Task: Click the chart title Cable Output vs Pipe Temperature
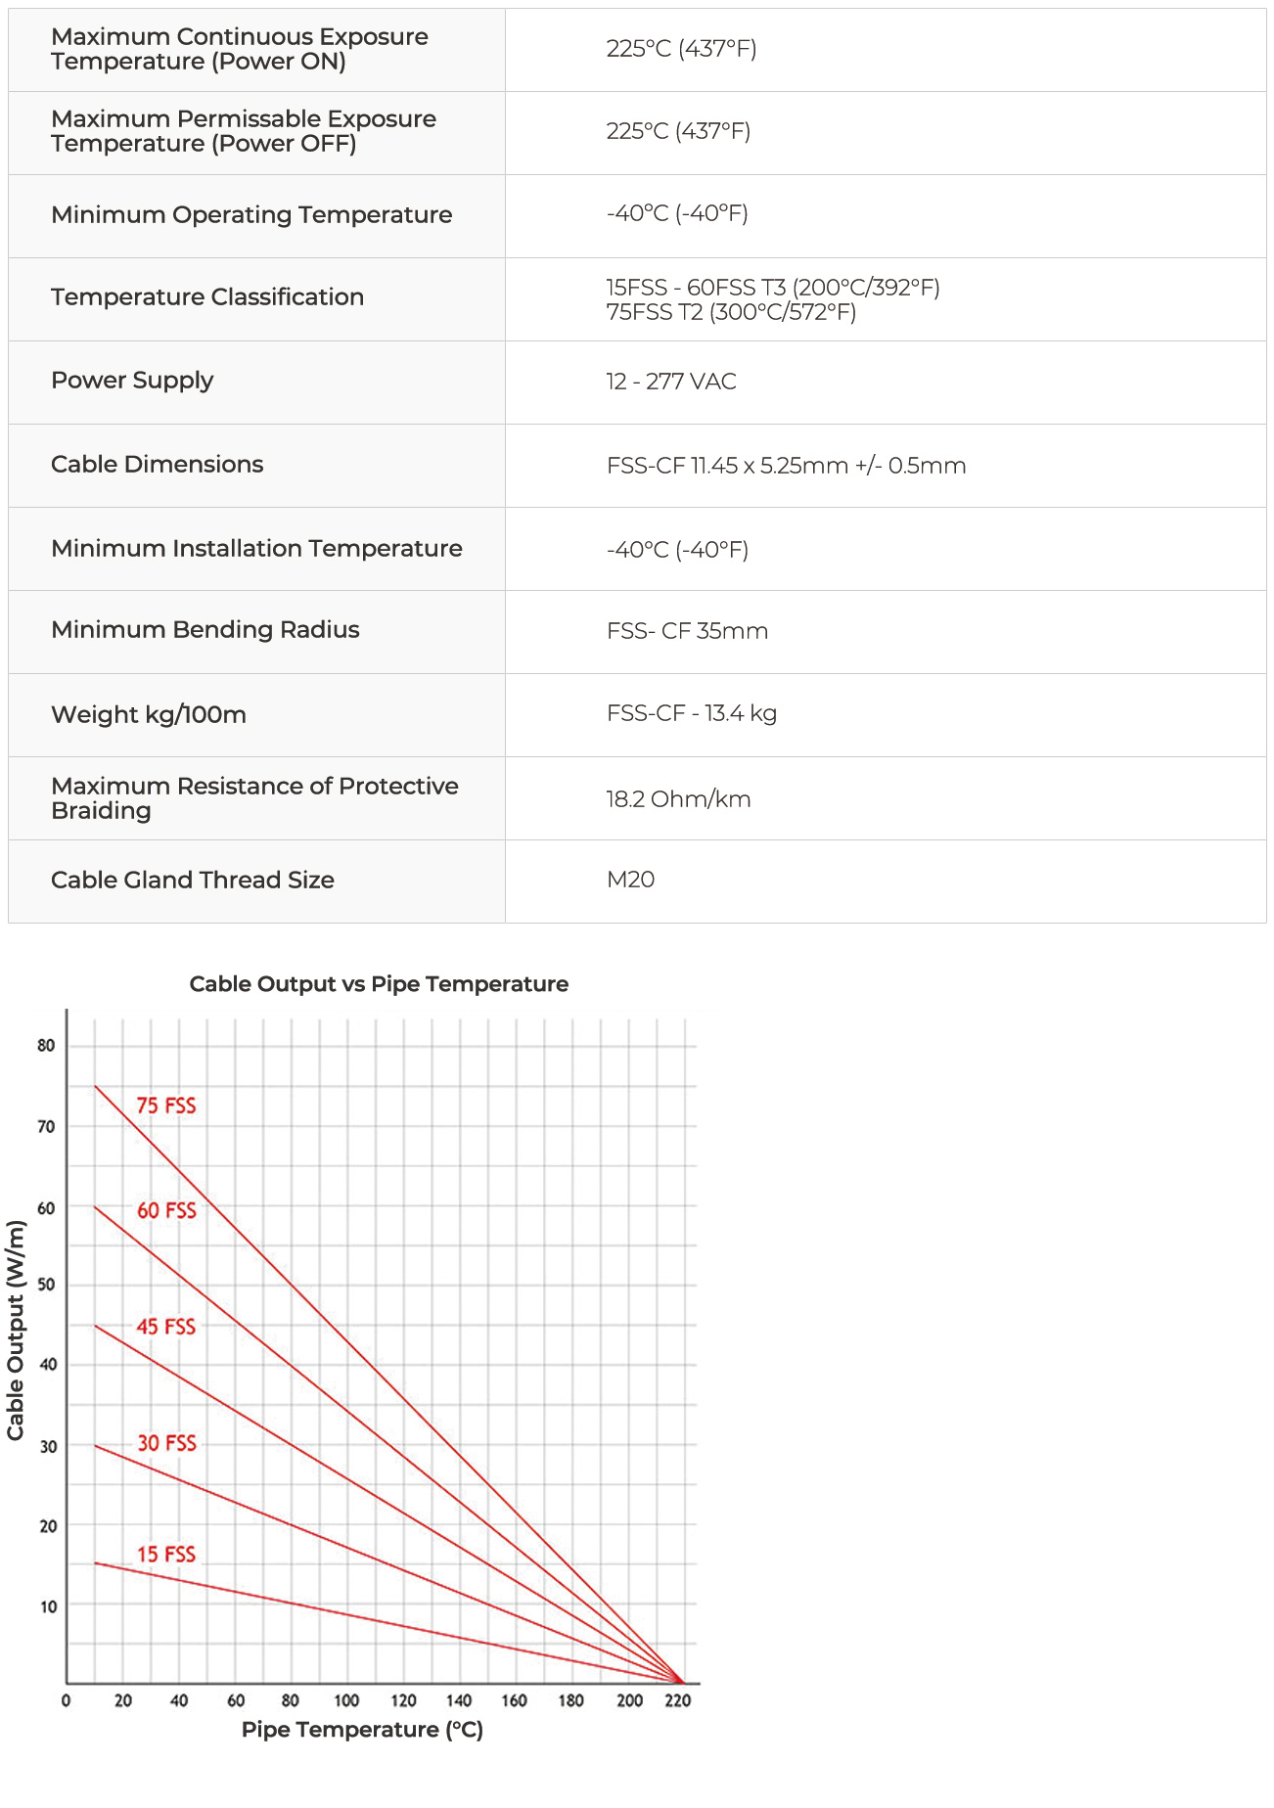[379, 984]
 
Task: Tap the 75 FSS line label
[166, 1106]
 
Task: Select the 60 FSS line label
[166, 1210]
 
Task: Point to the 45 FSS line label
[166, 1327]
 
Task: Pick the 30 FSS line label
[166, 1443]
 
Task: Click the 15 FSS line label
[166, 1555]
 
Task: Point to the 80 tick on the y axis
[46, 1046]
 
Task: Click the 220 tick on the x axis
[677, 1701]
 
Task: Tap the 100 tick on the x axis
[346, 1701]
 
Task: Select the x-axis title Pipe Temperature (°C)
[362, 1730]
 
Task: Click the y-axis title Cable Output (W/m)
[16, 1331]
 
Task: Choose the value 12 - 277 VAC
[671, 382]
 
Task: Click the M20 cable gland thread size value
[631, 880]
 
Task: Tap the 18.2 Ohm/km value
[678, 799]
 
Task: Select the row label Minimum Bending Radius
[205, 630]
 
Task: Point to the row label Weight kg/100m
[149, 714]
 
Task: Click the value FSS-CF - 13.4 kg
[692, 713]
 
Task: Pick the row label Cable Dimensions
[158, 465]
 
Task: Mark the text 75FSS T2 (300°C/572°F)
[731, 312]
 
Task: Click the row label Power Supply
[132, 381]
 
